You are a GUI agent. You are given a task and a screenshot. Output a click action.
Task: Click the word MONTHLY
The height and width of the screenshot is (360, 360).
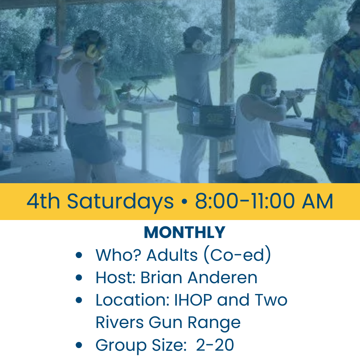click(x=184, y=232)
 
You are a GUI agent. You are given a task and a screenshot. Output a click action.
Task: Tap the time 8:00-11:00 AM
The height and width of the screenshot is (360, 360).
click(x=264, y=202)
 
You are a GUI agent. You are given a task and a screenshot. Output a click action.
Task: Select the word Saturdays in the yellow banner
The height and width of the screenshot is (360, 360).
click(x=120, y=202)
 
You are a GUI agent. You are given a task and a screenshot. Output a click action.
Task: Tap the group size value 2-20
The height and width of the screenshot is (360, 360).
click(x=215, y=345)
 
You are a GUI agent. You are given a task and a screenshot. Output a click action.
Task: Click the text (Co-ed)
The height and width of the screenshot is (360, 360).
click(x=237, y=255)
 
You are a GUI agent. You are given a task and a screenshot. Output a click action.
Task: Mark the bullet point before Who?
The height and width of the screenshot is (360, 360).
click(x=79, y=255)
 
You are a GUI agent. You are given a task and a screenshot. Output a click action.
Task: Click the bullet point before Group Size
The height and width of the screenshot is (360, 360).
click(x=79, y=345)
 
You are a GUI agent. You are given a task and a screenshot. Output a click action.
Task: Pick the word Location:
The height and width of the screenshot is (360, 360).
click(x=132, y=300)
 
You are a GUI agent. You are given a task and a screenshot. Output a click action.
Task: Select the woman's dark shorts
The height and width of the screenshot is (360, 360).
click(x=89, y=142)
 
